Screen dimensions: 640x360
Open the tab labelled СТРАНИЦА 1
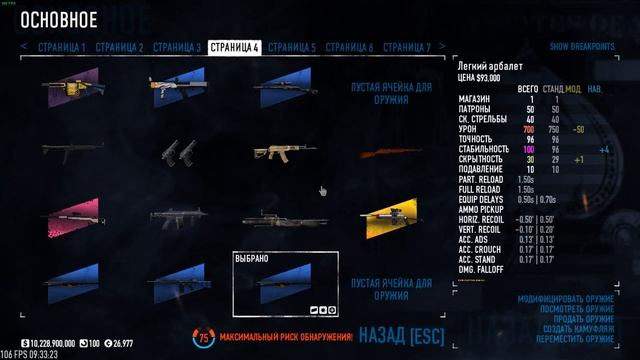pyautogui.click(x=62, y=47)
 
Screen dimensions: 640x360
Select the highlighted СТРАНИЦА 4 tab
pyautogui.click(x=235, y=47)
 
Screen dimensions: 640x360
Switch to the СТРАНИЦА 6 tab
pyautogui.click(x=349, y=47)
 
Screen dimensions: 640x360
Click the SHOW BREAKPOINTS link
pyautogui.click(x=580, y=47)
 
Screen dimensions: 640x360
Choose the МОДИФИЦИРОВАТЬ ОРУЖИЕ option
pyautogui.click(x=569, y=299)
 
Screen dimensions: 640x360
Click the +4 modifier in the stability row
pyautogui.click(x=604, y=149)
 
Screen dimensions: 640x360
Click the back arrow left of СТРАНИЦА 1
pyautogui.click(x=25, y=47)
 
